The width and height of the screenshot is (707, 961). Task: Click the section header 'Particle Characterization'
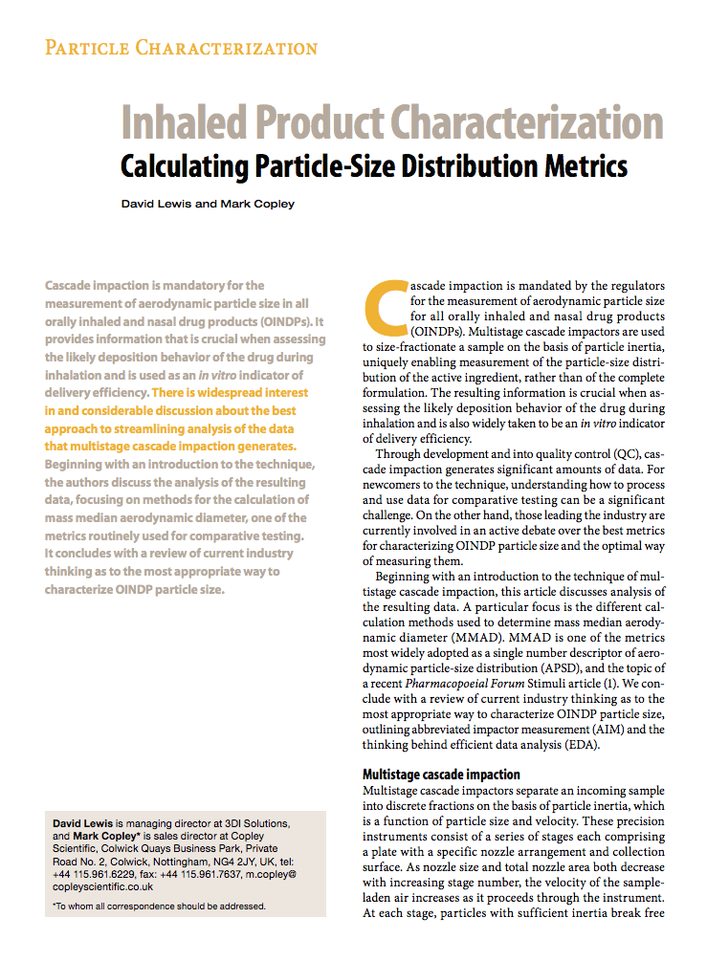(181, 47)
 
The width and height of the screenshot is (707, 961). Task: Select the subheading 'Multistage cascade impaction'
(441, 774)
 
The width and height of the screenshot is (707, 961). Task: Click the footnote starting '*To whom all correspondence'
(158, 906)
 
